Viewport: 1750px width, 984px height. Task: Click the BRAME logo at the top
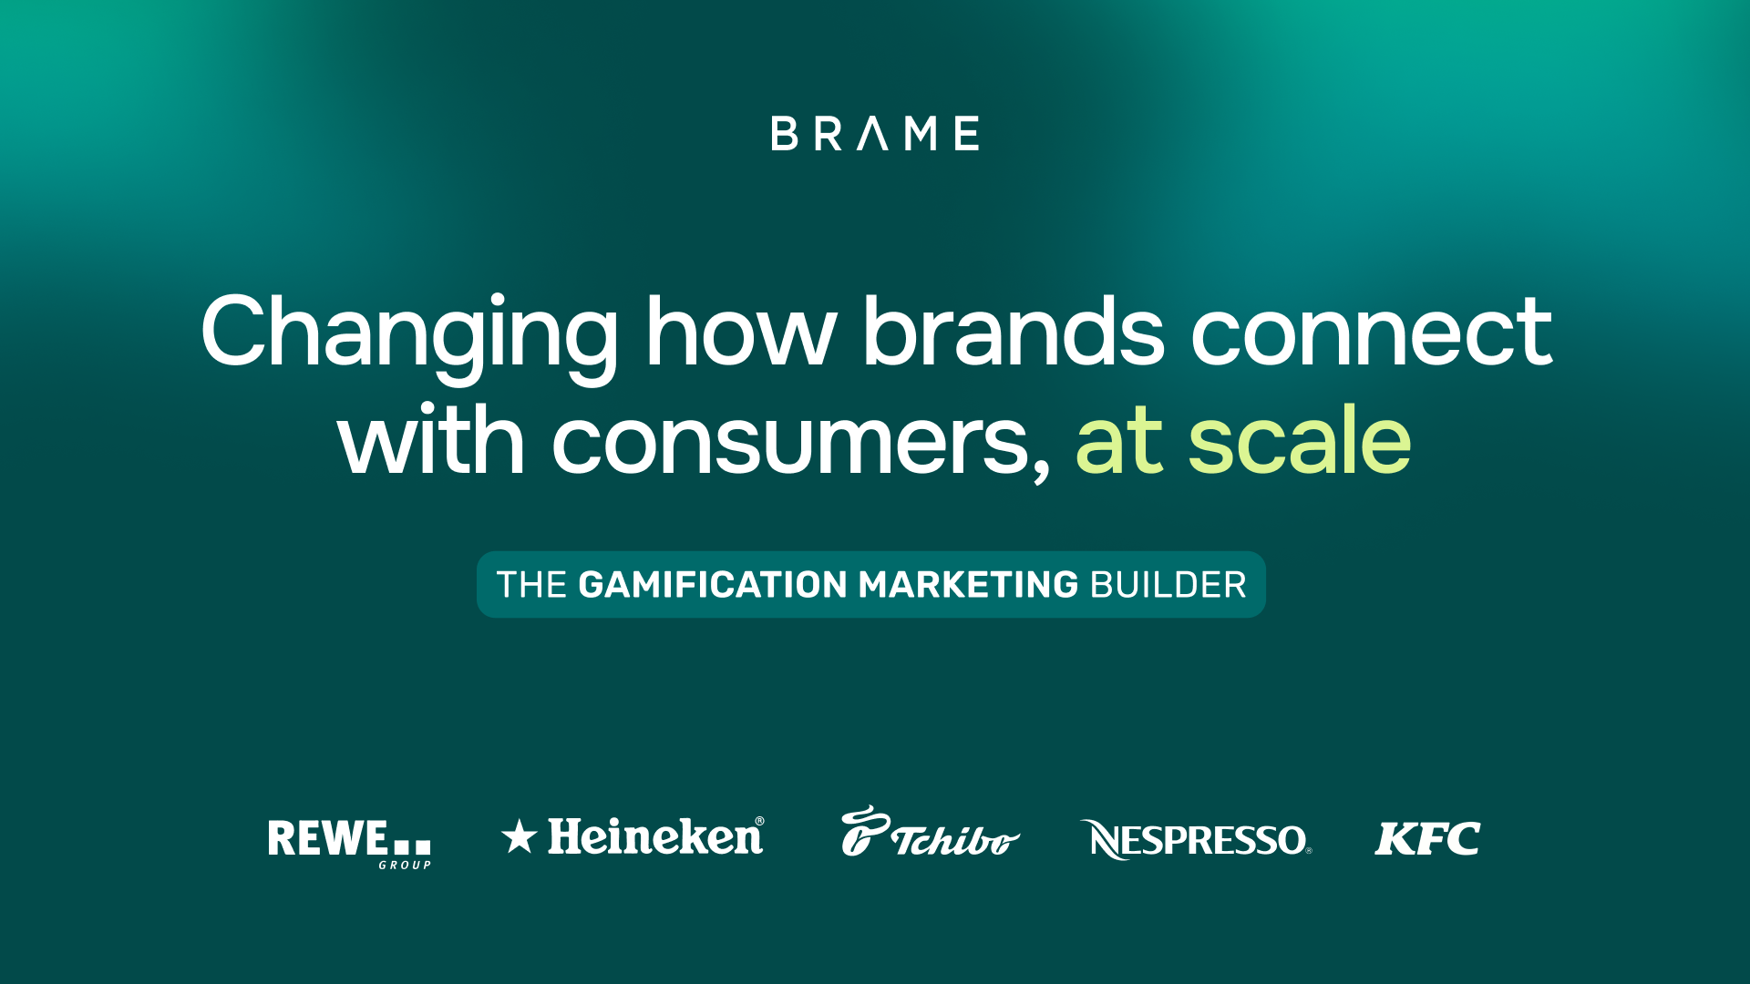tap(875, 133)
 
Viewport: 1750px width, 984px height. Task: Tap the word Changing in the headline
tap(409, 335)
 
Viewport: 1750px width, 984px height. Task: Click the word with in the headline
tap(431, 439)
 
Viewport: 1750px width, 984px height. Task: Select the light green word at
tap(1119, 441)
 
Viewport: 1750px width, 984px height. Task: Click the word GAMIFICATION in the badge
tap(713, 585)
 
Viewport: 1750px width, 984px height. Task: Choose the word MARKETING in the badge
tap(969, 585)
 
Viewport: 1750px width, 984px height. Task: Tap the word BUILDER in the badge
tap(1168, 585)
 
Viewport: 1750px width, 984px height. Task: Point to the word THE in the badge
tap(532, 585)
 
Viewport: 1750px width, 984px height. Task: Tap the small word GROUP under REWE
tap(405, 865)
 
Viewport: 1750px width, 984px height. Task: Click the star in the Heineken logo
tap(519, 835)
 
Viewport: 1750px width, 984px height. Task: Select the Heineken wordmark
tap(656, 836)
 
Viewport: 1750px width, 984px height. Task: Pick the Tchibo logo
tap(930, 832)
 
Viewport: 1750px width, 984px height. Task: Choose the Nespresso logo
tap(1196, 839)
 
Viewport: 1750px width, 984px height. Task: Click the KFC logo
tap(1427, 838)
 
